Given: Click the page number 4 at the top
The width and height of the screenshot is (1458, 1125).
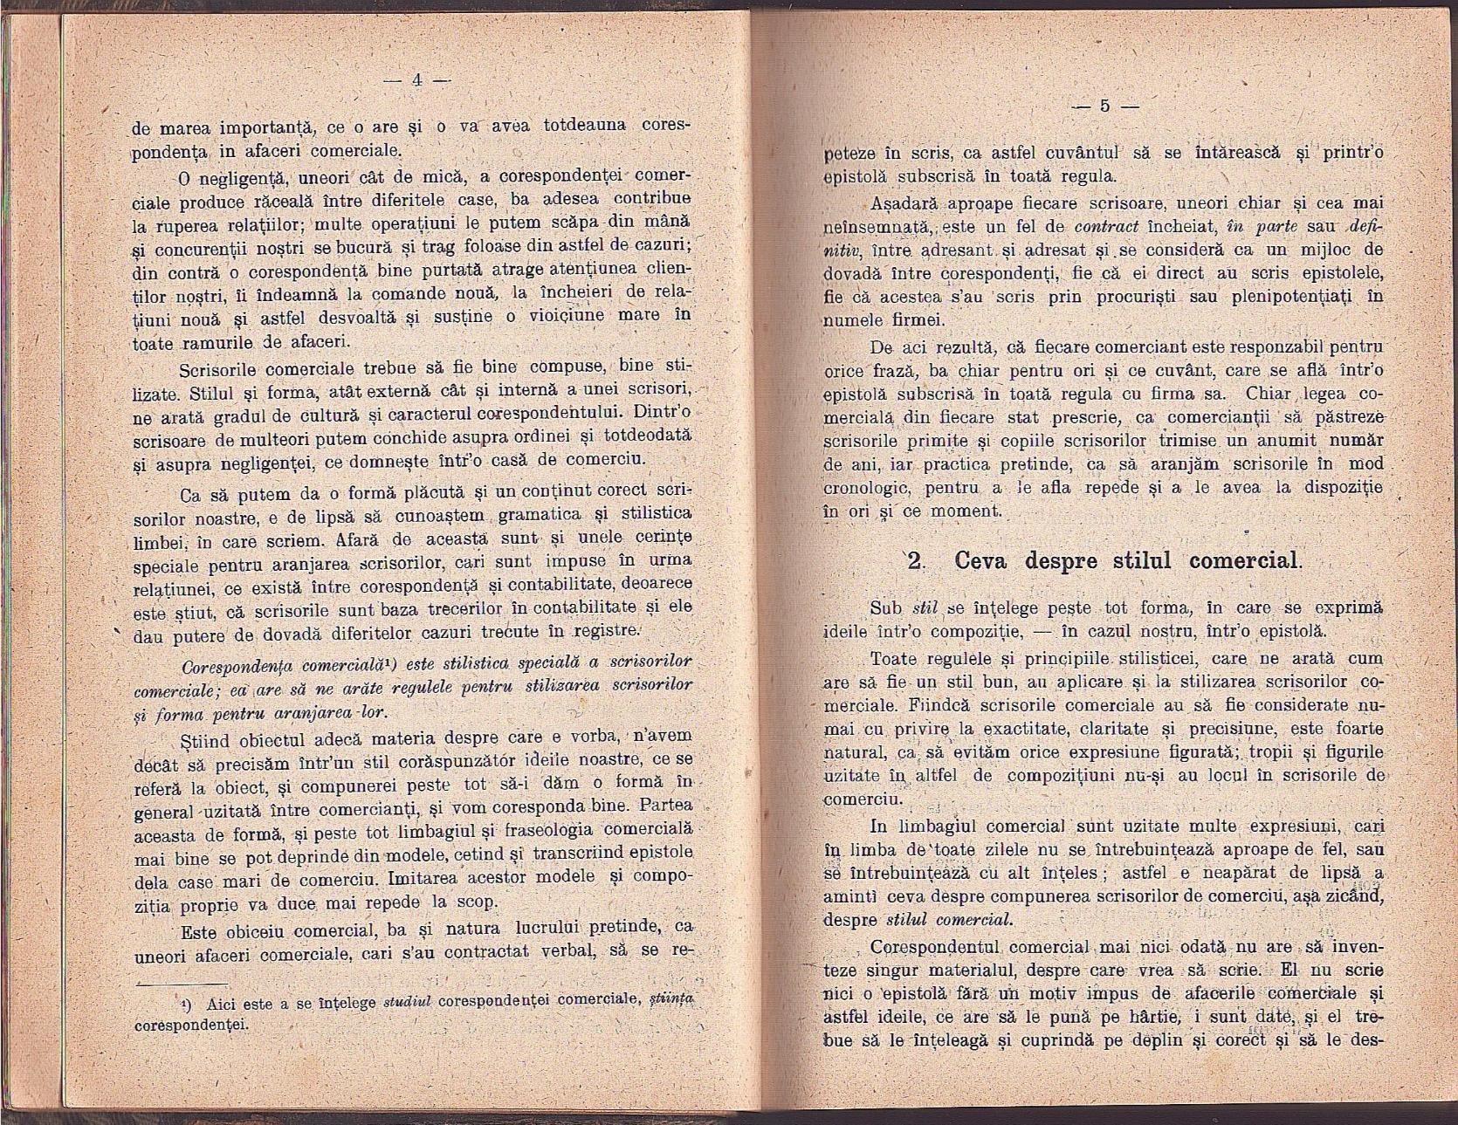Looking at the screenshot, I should coord(416,79).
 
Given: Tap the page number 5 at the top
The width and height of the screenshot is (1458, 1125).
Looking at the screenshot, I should coord(1104,106).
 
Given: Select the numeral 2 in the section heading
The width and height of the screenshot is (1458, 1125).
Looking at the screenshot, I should coord(916,560).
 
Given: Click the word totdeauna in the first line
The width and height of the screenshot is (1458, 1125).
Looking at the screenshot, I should coord(587,126).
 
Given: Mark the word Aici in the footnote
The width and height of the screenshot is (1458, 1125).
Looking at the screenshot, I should coord(214,1005).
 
